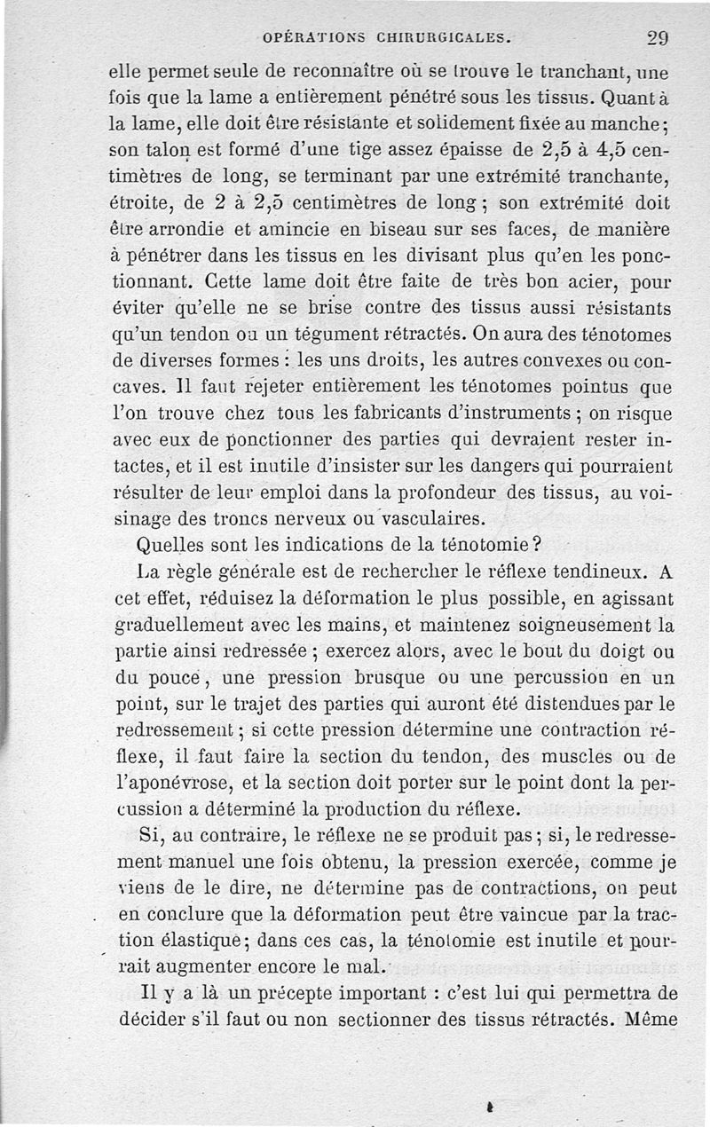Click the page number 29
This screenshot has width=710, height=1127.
(x=658, y=38)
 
